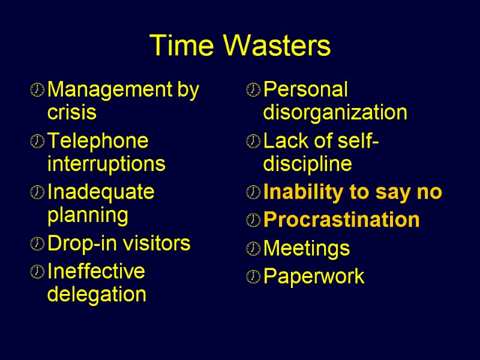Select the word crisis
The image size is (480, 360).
71,112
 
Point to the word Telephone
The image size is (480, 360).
98,141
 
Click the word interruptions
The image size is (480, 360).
106,163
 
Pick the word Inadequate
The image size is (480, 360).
101,192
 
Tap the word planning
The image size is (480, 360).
88,215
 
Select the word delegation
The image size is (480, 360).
97,294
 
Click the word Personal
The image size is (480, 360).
305,90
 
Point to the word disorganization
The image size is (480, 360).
335,112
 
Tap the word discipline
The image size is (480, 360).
307,163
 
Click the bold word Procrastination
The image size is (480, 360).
341,220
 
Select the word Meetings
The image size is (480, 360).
307,248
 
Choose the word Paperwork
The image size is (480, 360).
314,277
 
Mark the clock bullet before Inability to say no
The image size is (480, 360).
253,193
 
